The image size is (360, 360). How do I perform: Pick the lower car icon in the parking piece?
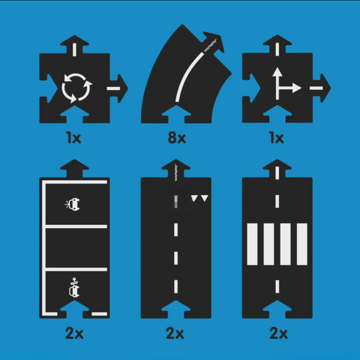coord(73,286)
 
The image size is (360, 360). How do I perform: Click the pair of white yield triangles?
coord(199,199)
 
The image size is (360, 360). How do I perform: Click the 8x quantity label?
coord(178,138)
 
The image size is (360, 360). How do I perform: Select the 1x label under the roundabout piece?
coord(74,138)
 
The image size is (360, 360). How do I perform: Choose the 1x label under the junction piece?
coord(277,138)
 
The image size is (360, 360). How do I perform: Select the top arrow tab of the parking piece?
coord(73,166)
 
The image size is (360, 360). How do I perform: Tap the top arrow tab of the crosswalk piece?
coord(278,166)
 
